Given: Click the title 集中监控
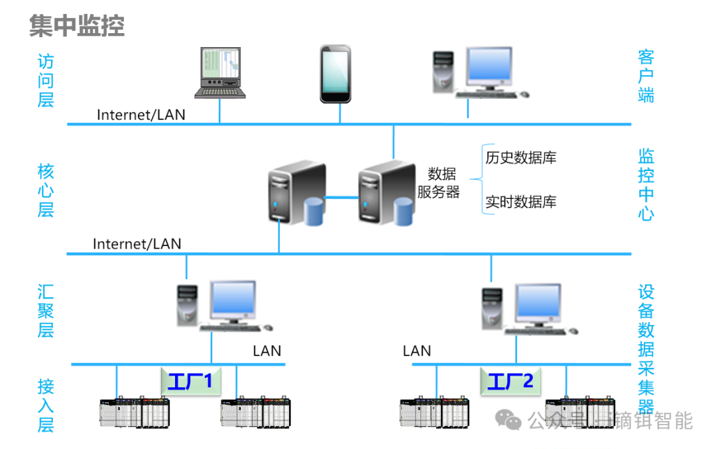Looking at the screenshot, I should click(x=77, y=26).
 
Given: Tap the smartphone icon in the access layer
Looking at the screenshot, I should click(x=335, y=74).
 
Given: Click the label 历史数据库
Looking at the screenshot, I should click(x=520, y=158).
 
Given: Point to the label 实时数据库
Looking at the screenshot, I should click(x=520, y=202).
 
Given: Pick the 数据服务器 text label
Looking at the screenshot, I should click(x=439, y=183).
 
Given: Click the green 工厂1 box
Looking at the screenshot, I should click(x=190, y=381).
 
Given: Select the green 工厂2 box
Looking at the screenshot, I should click(x=510, y=381).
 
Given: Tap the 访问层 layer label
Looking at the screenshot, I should click(x=45, y=81).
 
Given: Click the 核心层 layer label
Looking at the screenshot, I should click(x=45, y=191).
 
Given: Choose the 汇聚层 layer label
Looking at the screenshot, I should click(x=45, y=310).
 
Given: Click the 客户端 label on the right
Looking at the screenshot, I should click(x=646, y=75).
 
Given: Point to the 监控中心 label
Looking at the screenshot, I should click(x=646, y=184).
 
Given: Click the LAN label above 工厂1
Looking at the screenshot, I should click(x=267, y=351).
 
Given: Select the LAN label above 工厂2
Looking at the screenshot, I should click(x=417, y=351).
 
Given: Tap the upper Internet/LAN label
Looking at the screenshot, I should click(x=141, y=114).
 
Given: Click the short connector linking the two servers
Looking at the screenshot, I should click(x=342, y=197).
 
